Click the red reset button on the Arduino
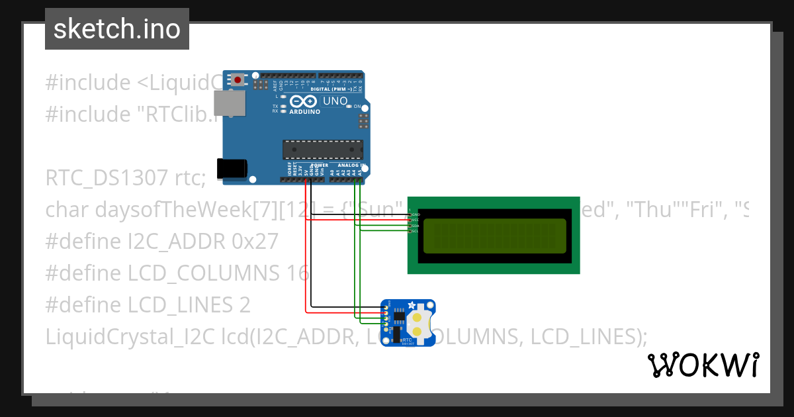238,80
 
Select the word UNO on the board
335,101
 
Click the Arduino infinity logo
304,101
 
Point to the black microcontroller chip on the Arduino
323,150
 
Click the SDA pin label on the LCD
416,226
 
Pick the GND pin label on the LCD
416,214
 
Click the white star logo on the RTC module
412,305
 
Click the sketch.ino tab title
117,29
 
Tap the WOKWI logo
703,365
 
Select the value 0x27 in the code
255,241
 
